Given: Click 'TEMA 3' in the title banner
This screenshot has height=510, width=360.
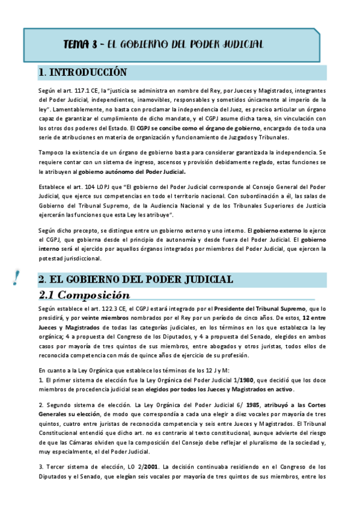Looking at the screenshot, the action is click(80, 45).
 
